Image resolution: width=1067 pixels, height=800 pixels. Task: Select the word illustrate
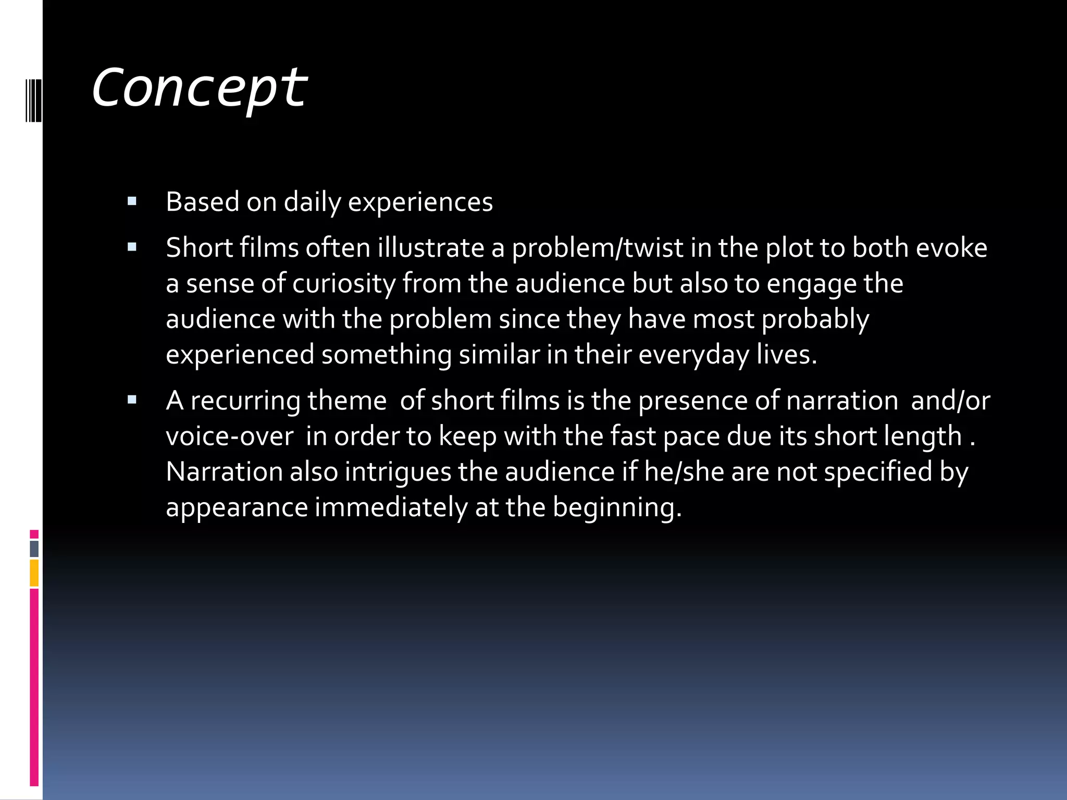(431, 247)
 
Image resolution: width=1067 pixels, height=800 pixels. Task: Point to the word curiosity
(344, 284)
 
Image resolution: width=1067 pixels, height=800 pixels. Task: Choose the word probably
(815, 319)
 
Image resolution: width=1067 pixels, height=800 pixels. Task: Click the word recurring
(245, 401)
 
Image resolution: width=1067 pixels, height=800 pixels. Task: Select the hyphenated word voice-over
(229, 436)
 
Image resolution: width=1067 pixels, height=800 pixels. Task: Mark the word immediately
(391, 507)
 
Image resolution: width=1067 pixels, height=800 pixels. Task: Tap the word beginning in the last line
(617, 508)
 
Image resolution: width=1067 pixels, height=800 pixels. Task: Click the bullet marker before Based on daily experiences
(132, 201)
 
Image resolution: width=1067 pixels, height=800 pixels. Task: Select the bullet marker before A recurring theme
(132, 400)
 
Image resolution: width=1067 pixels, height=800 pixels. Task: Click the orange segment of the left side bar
(34, 573)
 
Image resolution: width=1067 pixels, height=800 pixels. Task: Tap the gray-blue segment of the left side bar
(34, 549)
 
